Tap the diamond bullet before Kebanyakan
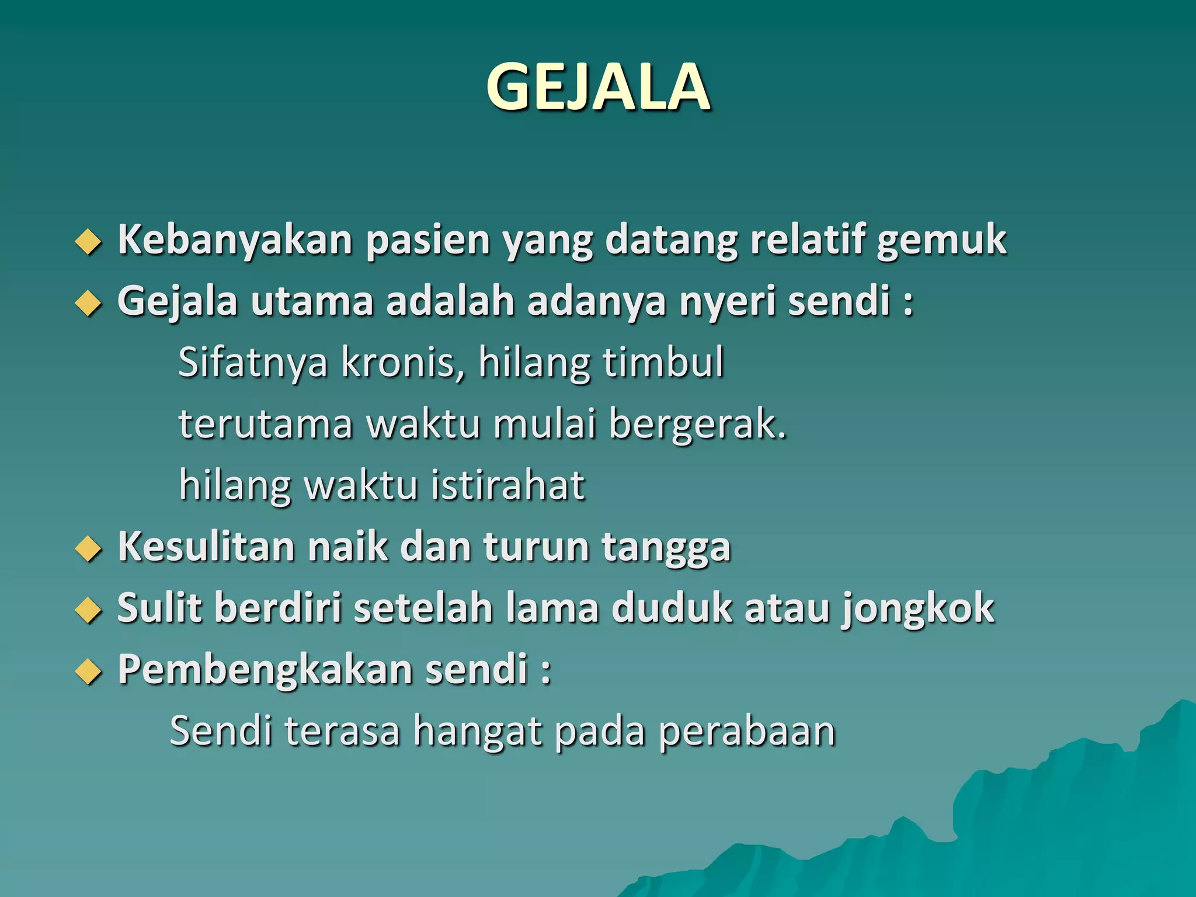[x=88, y=241]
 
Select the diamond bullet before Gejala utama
[x=88, y=303]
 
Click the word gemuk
[x=941, y=241]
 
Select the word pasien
[x=427, y=241]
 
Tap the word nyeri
[x=726, y=303]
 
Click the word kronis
[x=403, y=363]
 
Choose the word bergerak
[x=697, y=425]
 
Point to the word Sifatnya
[x=253, y=363]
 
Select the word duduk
[x=671, y=609]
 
